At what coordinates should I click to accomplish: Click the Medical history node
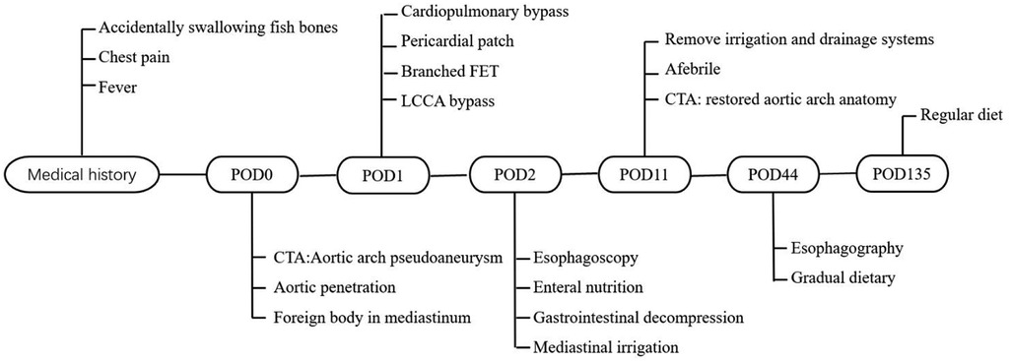click(82, 177)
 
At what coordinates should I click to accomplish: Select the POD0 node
click(252, 177)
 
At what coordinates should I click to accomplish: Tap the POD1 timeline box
click(382, 175)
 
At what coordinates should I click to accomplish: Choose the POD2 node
click(515, 176)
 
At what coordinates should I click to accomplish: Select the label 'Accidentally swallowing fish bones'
click(220, 28)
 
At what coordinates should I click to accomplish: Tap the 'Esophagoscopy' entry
click(585, 258)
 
